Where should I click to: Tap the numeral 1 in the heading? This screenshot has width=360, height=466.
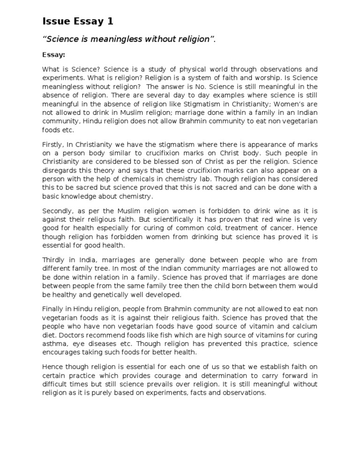[x=110, y=22]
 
